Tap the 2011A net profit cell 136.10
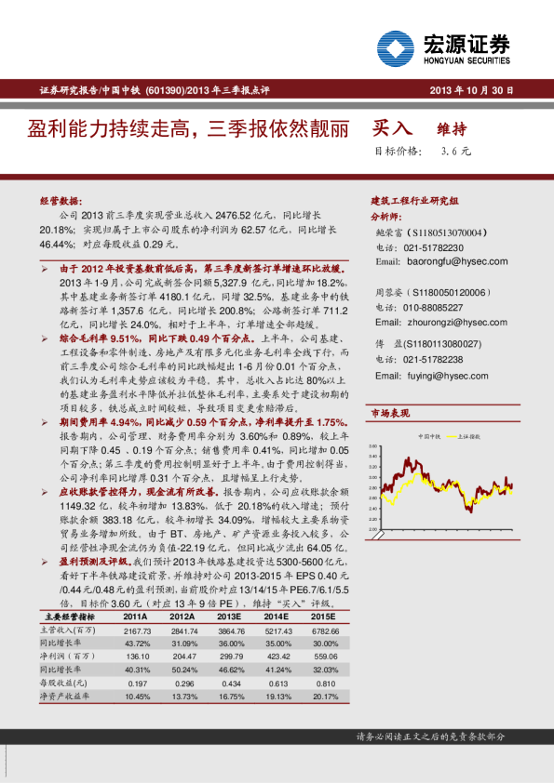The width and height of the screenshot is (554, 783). coord(137,657)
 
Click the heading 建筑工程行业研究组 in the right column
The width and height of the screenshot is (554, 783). coord(414,200)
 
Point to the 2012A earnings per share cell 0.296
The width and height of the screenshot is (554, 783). coord(183,683)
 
